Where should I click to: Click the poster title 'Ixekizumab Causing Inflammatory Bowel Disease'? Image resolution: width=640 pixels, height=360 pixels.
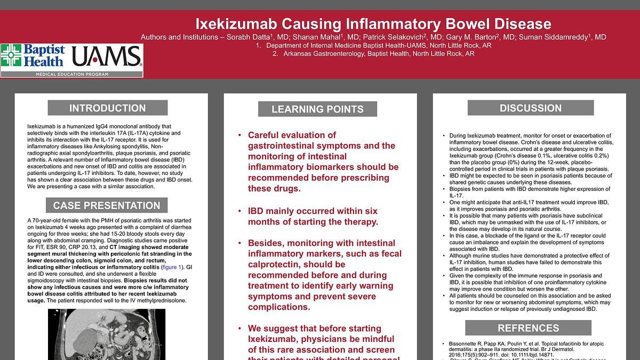click(x=373, y=24)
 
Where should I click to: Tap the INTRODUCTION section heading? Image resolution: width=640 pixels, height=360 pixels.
click(x=107, y=108)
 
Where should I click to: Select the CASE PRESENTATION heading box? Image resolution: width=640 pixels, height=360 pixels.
click(x=107, y=205)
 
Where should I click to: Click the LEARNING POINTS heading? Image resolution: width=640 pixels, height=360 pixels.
click(x=317, y=109)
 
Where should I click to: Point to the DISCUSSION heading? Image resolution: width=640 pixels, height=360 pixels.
click(x=530, y=108)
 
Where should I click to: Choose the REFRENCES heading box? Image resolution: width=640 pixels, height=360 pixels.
click(x=528, y=328)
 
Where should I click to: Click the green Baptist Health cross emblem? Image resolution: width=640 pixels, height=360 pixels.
click(x=11, y=55)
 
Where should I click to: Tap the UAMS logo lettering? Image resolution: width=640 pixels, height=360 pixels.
click(x=106, y=57)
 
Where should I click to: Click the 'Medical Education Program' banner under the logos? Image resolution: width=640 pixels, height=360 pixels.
click(x=71, y=74)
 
